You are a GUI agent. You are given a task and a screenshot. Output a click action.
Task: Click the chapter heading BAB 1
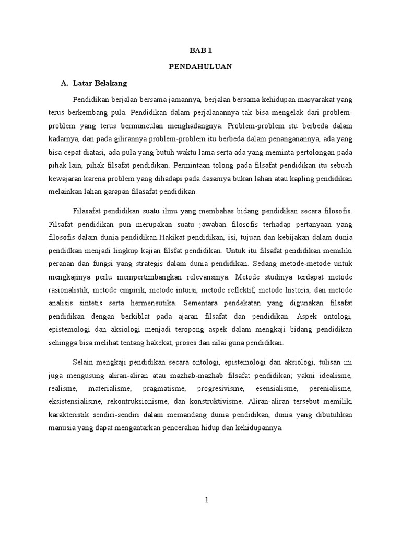point(200,51)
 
